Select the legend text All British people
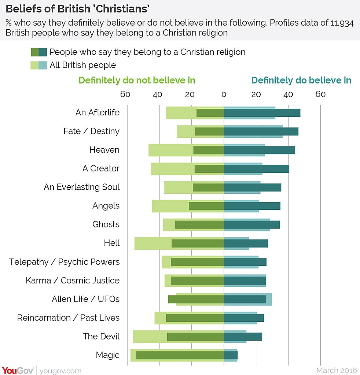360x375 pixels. click(82, 65)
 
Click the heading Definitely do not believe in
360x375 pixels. click(137, 80)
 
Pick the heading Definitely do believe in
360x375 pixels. click(301, 80)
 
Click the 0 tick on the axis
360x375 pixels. click(224, 94)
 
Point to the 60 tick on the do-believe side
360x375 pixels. click(320, 94)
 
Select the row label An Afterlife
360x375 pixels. click(98, 112)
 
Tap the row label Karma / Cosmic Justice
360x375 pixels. click(73, 281)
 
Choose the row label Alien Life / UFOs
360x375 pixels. click(85, 299)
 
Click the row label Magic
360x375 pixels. click(107, 355)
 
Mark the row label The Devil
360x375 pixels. click(101, 336)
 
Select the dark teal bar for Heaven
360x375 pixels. click(259, 150)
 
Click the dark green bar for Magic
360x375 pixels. click(180, 355)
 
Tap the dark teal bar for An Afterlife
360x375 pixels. click(262, 113)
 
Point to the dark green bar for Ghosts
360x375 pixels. click(199, 224)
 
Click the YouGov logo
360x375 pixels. click(18, 371)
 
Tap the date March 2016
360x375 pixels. click(337, 371)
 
